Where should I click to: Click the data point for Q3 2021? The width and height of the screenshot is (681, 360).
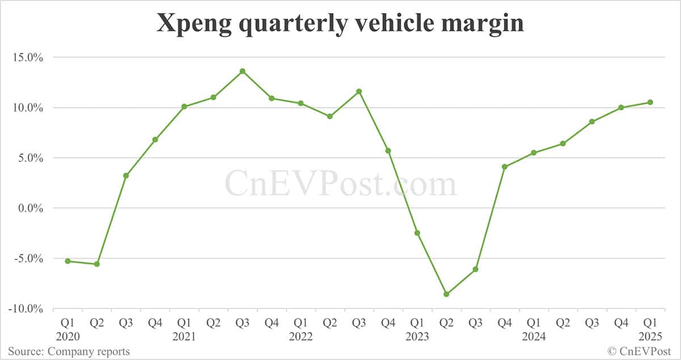[x=242, y=71]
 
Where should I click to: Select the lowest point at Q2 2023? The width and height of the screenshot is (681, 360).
[x=447, y=294]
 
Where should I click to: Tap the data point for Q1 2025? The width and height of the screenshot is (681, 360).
[x=650, y=102]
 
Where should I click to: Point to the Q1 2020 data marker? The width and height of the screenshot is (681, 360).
[x=68, y=261]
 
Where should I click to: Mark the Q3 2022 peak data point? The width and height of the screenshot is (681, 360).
[x=359, y=91]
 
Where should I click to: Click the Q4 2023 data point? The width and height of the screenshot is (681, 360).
[x=505, y=166]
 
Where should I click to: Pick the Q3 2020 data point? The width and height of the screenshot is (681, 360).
[x=126, y=175]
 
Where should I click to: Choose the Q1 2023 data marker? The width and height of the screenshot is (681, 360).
[x=417, y=233]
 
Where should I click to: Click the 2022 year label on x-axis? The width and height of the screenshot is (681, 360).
[x=301, y=337]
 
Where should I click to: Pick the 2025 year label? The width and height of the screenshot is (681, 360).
[x=650, y=337]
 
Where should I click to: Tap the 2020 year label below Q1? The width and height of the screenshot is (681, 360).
[x=68, y=337]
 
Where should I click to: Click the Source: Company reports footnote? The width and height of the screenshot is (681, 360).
[x=69, y=351]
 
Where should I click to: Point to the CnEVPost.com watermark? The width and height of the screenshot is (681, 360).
[x=340, y=185]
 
